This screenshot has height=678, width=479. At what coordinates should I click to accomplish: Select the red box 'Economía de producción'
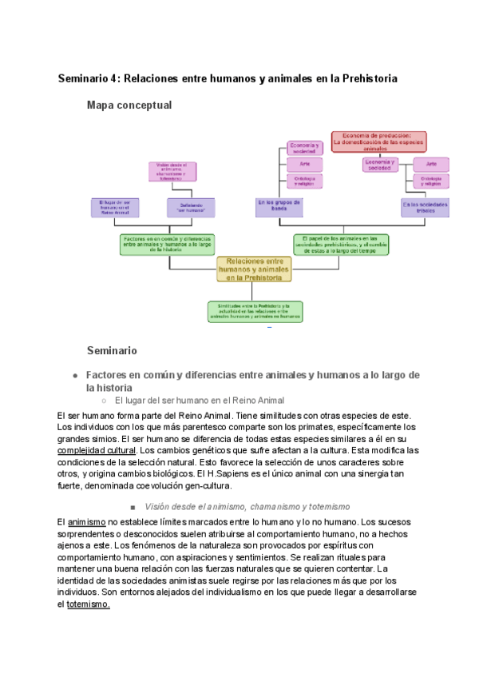pos(379,142)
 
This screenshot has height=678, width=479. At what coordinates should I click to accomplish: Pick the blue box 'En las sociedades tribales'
pos(425,207)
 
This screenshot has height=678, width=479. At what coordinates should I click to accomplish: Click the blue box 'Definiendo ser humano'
pos(192,207)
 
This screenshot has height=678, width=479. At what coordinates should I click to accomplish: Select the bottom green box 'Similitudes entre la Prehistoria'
pos(255,311)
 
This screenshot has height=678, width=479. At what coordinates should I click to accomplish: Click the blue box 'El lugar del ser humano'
pos(114,207)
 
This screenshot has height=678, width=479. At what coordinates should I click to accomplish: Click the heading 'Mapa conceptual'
pos(129,105)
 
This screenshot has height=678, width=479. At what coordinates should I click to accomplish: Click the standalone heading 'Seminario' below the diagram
pos(112,350)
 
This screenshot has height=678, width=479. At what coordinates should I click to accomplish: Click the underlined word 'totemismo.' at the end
pos(88,604)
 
